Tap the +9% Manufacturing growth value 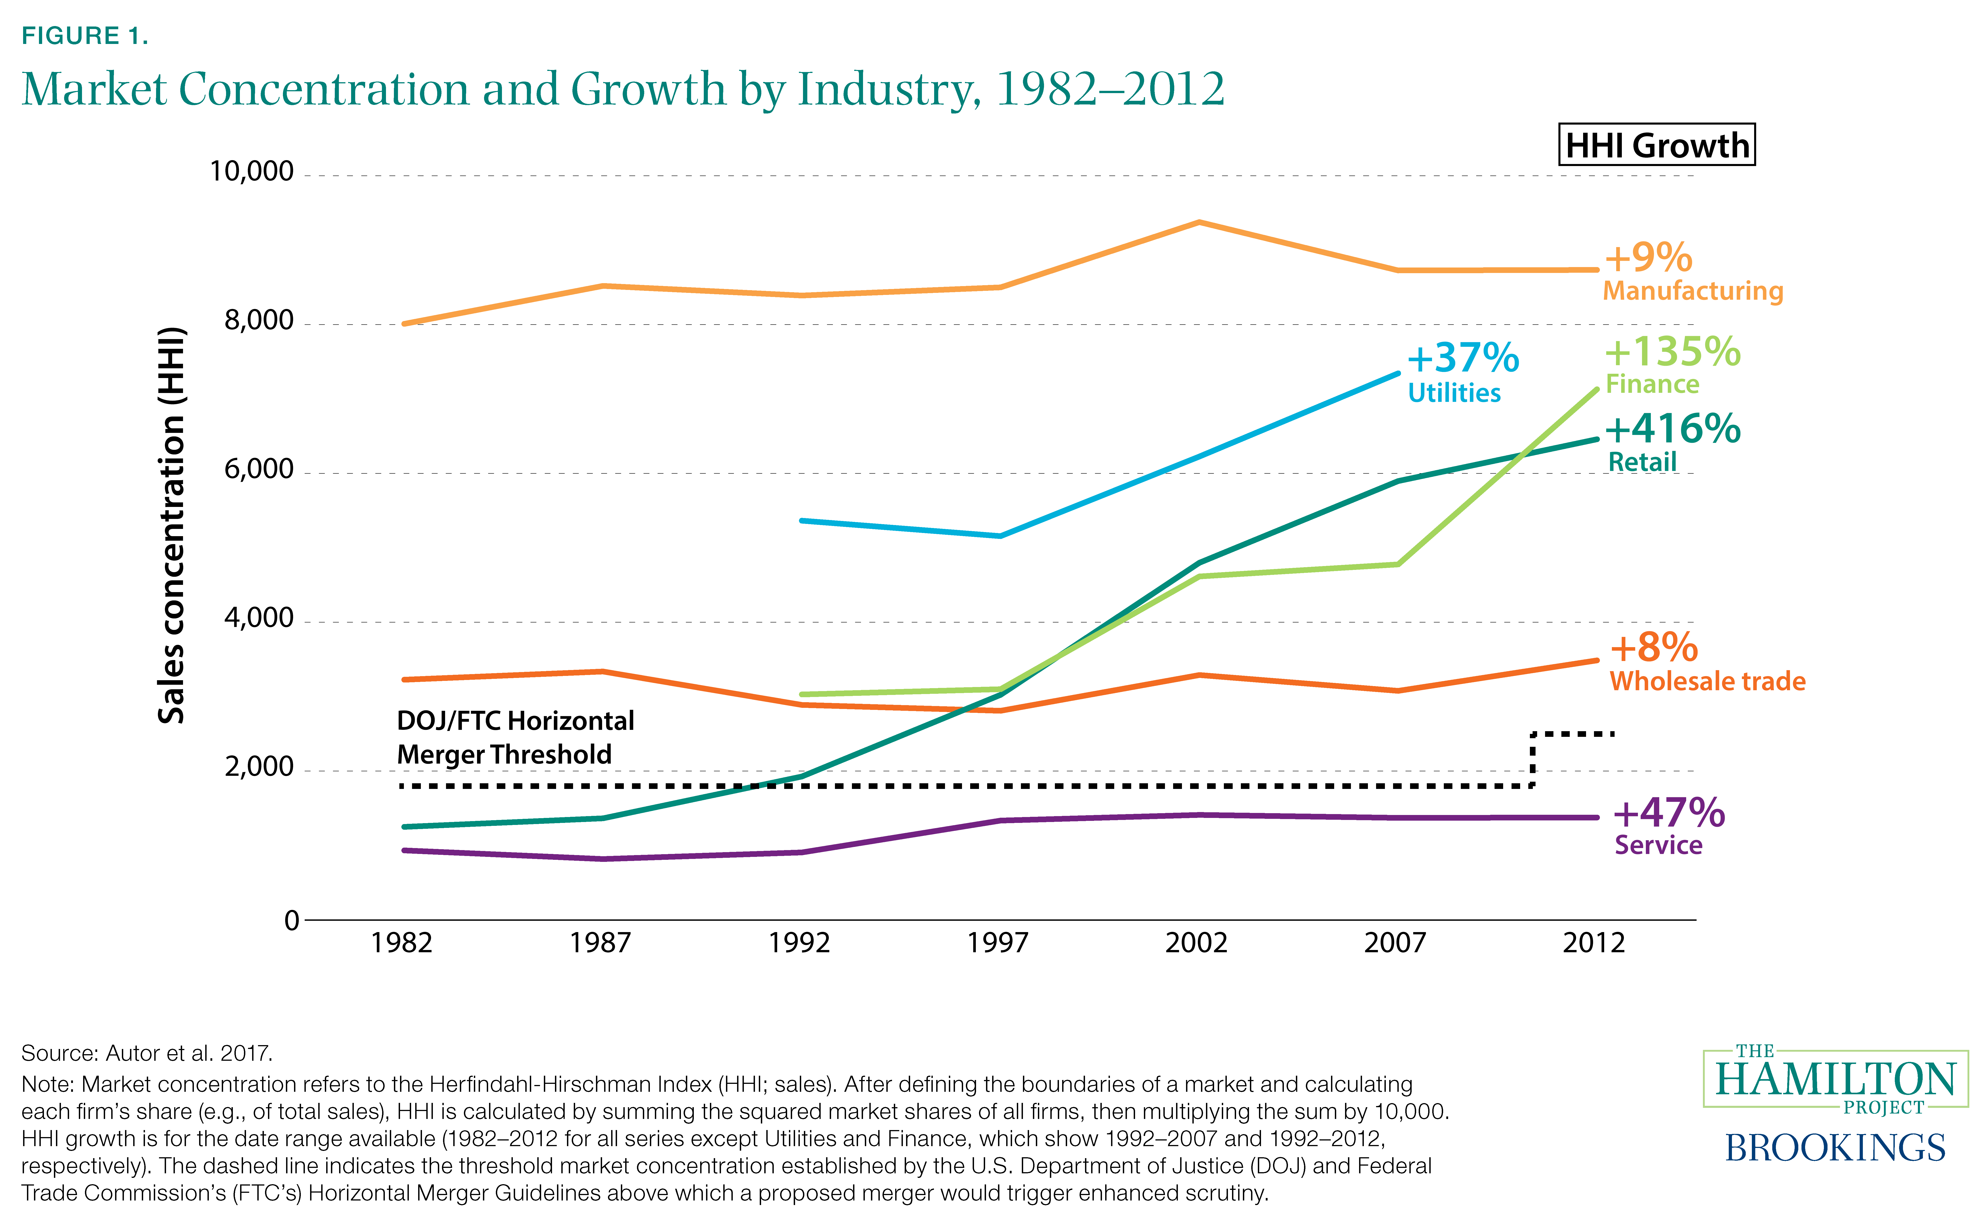[1648, 258]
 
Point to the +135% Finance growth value [1672, 352]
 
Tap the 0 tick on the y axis [291, 920]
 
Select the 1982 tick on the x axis [402, 943]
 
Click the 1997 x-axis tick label [998, 943]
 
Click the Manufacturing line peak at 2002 [1198, 222]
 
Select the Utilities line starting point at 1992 [802, 520]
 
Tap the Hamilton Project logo [1835, 1079]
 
